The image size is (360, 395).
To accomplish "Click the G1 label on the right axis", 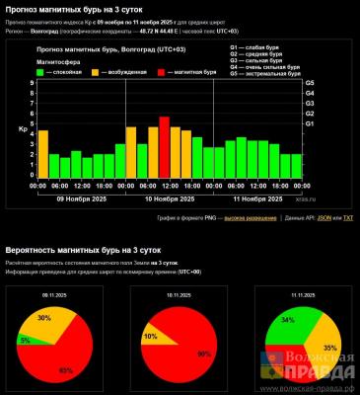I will pyautogui.click(x=310, y=124).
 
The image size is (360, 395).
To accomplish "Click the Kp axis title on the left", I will pyautogui.click(x=23, y=128).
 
